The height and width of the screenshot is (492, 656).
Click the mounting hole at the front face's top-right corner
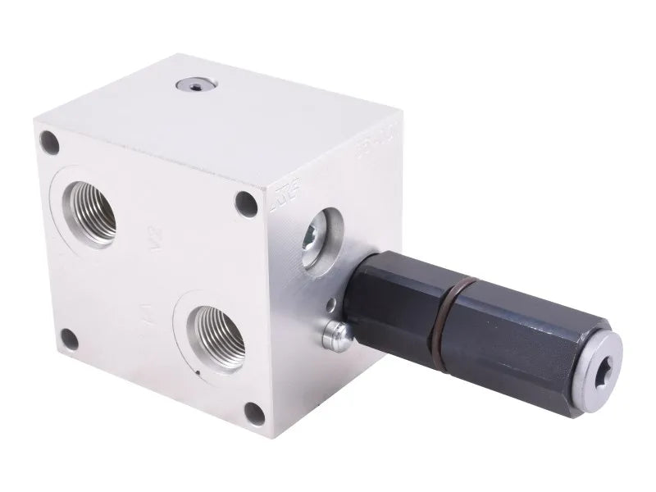point(244,203)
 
